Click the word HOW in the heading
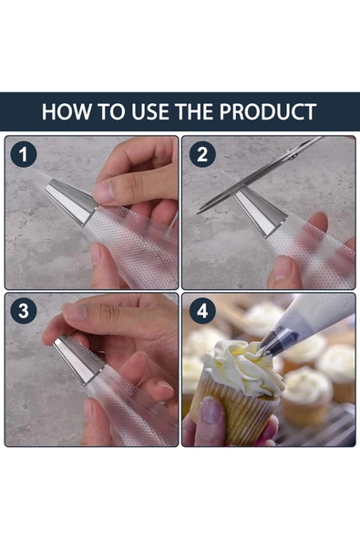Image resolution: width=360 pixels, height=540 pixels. coord(67,111)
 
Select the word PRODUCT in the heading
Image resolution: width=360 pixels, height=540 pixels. coord(268,111)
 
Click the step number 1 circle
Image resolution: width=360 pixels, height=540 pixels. coord(24,154)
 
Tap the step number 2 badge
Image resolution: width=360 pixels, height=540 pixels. coord(202,154)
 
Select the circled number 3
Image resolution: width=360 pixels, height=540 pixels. coord(24,311)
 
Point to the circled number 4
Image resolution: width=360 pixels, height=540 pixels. coord(202,311)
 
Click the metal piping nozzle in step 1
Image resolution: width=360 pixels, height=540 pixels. coord(71,202)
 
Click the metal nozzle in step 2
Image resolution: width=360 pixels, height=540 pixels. coord(261,212)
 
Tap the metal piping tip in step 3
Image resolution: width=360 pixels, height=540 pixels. coord(78,358)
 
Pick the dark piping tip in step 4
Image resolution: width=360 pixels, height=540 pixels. coord(278,342)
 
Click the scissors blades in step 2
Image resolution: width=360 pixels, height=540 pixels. coord(259,175)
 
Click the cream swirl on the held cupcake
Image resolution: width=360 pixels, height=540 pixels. coord(243,366)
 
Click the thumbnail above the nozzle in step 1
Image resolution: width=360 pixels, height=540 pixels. coord(104,192)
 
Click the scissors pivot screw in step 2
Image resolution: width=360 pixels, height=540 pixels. coord(293,156)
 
